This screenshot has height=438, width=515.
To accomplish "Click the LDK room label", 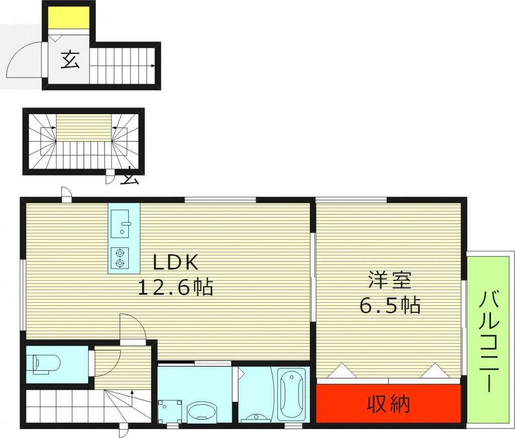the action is tap(176, 262).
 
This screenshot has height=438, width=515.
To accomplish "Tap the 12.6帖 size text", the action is tap(176, 287).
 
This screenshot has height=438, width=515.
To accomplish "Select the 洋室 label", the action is tap(390, 280).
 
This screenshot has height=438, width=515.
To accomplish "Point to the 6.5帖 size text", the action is tap(390, 305).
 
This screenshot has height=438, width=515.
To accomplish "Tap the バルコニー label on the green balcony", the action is tap(490, 341).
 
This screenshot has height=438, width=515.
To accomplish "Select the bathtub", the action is tap(292, 394).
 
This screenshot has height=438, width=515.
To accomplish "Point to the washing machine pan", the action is tap(169, 412).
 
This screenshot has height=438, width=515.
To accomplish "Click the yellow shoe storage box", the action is tap(68, 18).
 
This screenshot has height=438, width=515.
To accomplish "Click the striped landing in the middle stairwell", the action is tap(83, 128).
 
